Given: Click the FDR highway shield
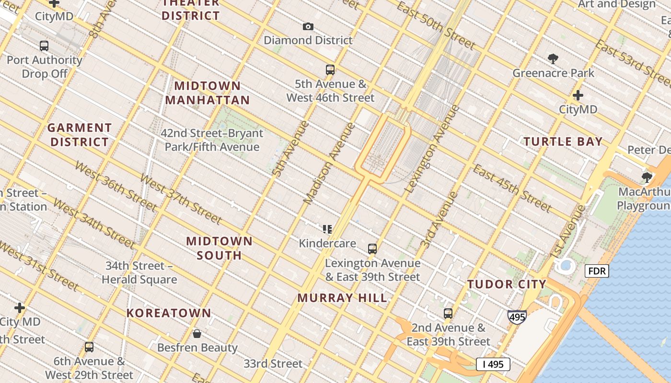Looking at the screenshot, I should click(597, 271).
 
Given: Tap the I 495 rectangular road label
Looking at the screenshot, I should click(493, 364).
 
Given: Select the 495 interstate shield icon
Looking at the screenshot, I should click(517, 316).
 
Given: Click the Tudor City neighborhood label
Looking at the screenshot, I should click(507, 284).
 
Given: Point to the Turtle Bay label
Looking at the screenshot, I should click(563, 142).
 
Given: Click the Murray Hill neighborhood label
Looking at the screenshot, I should click(342, 298).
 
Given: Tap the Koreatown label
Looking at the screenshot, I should click(169, 313).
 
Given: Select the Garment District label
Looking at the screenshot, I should click(80, 135).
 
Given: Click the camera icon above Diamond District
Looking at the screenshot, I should click(308, 27).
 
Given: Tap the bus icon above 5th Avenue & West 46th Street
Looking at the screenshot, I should click(330, 70).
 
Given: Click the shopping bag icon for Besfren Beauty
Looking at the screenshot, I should click(197, 334).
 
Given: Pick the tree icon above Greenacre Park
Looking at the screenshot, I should click(553, 59).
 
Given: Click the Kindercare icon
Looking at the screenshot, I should click(327, 229).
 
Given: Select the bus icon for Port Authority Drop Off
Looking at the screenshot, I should click(44, 46).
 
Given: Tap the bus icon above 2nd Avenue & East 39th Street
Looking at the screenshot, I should click(448, 314).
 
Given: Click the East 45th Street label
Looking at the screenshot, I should click(512, 188).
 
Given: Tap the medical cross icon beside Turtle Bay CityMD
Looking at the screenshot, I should click(578, 95).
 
